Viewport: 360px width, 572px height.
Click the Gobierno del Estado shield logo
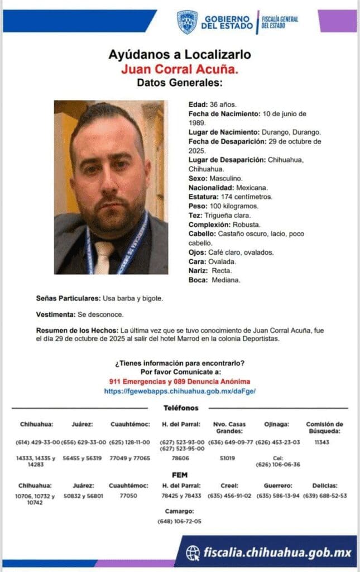coord(187,22)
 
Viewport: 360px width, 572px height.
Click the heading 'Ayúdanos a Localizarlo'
coord(180,55)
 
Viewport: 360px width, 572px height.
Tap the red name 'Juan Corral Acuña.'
coord(180,69)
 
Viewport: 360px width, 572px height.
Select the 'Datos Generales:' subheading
coord(180,83)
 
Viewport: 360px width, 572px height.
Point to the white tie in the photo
coord(103,257)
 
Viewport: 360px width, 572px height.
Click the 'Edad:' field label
coord(198,104)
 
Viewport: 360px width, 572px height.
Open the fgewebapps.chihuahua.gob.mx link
coord(180,392)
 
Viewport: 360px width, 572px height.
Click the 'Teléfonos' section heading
coord(180,408)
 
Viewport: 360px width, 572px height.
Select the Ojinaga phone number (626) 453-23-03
coord(277,442)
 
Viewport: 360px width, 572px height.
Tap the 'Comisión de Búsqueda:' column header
coord(324,428)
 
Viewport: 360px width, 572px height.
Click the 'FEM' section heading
coord(180,474)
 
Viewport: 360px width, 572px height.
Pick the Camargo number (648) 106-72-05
coord(180,521)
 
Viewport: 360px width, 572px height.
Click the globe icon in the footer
coord(193,553)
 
